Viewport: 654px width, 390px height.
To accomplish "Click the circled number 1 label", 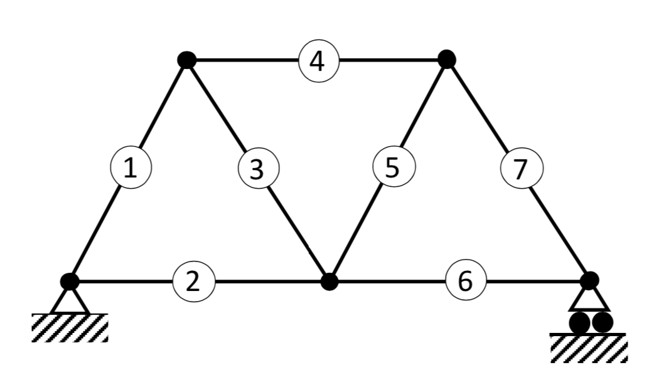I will coord(131,169).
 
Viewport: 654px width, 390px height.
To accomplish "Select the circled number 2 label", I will coord(193,282).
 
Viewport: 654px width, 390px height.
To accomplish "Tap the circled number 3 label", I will coord(258,169).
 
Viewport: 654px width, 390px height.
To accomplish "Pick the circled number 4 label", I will coord(318,61).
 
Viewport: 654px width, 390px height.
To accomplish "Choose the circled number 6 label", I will coord(465,282).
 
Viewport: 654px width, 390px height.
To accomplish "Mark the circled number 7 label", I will coord(522,169).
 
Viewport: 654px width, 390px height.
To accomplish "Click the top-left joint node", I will coord(186,60).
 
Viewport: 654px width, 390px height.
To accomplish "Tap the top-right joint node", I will coord(446,60).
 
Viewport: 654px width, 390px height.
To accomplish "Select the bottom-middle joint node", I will coord(329,282).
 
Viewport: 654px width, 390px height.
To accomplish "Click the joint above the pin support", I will coord(70,282).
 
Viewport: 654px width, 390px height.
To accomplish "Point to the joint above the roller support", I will coord(589,281).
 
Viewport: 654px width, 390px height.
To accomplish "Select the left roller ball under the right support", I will coord(579,322).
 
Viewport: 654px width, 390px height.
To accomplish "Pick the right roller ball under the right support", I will coord(602,322).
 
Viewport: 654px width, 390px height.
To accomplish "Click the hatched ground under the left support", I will coord(70,327).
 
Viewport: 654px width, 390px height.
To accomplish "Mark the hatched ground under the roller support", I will coord(588,347).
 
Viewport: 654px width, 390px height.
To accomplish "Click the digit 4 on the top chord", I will coord(318,61).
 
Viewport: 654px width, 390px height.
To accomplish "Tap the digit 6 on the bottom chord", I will coord(465,282).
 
